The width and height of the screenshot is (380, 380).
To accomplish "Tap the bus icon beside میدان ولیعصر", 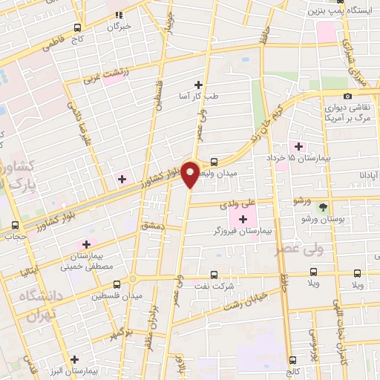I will coord(214,161).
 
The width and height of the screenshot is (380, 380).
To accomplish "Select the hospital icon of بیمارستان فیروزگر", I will coord(243,218).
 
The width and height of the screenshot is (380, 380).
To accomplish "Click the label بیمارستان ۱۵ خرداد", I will coord(304,158).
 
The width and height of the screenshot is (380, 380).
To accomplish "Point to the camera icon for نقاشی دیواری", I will coord(347,96).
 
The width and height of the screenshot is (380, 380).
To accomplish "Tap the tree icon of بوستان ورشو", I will coord(323,207).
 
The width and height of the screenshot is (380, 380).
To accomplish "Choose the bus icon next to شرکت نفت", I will coord(214,274).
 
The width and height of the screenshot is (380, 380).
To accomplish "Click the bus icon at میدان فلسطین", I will coord(117,284).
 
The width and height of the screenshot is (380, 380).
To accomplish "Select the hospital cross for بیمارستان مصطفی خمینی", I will coord(86,244).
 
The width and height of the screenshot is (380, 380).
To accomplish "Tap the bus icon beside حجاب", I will coord(16,226).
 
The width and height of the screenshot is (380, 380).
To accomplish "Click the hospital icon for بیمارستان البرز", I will coord(73,359).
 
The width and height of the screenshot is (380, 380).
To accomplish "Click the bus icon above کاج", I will coord(78,27).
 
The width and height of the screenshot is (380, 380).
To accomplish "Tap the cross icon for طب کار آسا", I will coord(197,85).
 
